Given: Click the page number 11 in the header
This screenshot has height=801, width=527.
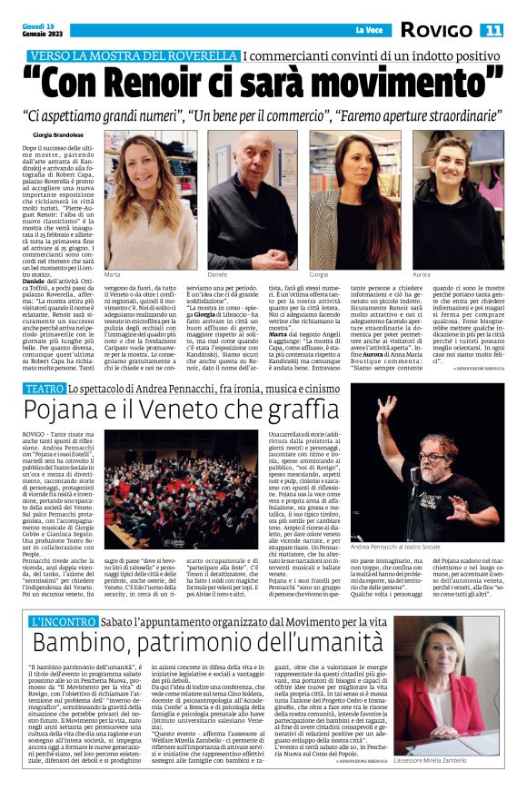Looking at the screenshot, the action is (492, 30).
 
